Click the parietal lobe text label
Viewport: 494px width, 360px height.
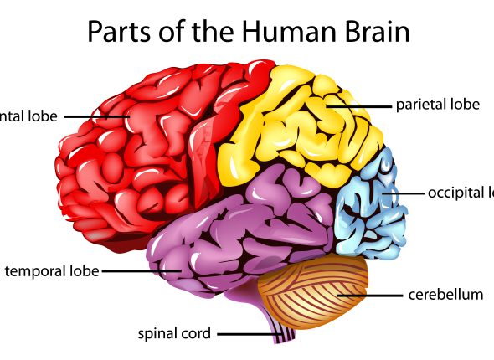pyautogui.click(x=437, y=105)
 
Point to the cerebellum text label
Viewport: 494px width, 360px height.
pyautogui.click(x=445, y=295)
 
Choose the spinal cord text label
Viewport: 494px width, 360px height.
pyautogui.click(x=174, y=334)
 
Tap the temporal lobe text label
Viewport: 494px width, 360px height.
pyautogui.click(x=52, y=270)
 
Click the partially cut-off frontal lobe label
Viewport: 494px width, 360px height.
pyautogui.click(x=28, y=116)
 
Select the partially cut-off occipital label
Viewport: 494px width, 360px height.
pyautogui.click(x=460, y=193)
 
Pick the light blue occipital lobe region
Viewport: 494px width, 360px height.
pyautogui.click(x=373, y=205)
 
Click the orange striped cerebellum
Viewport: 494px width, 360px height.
pyautogui.click(x=314, y=289)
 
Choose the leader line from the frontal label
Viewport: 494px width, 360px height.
pyautogui.click(x=92, y=116)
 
